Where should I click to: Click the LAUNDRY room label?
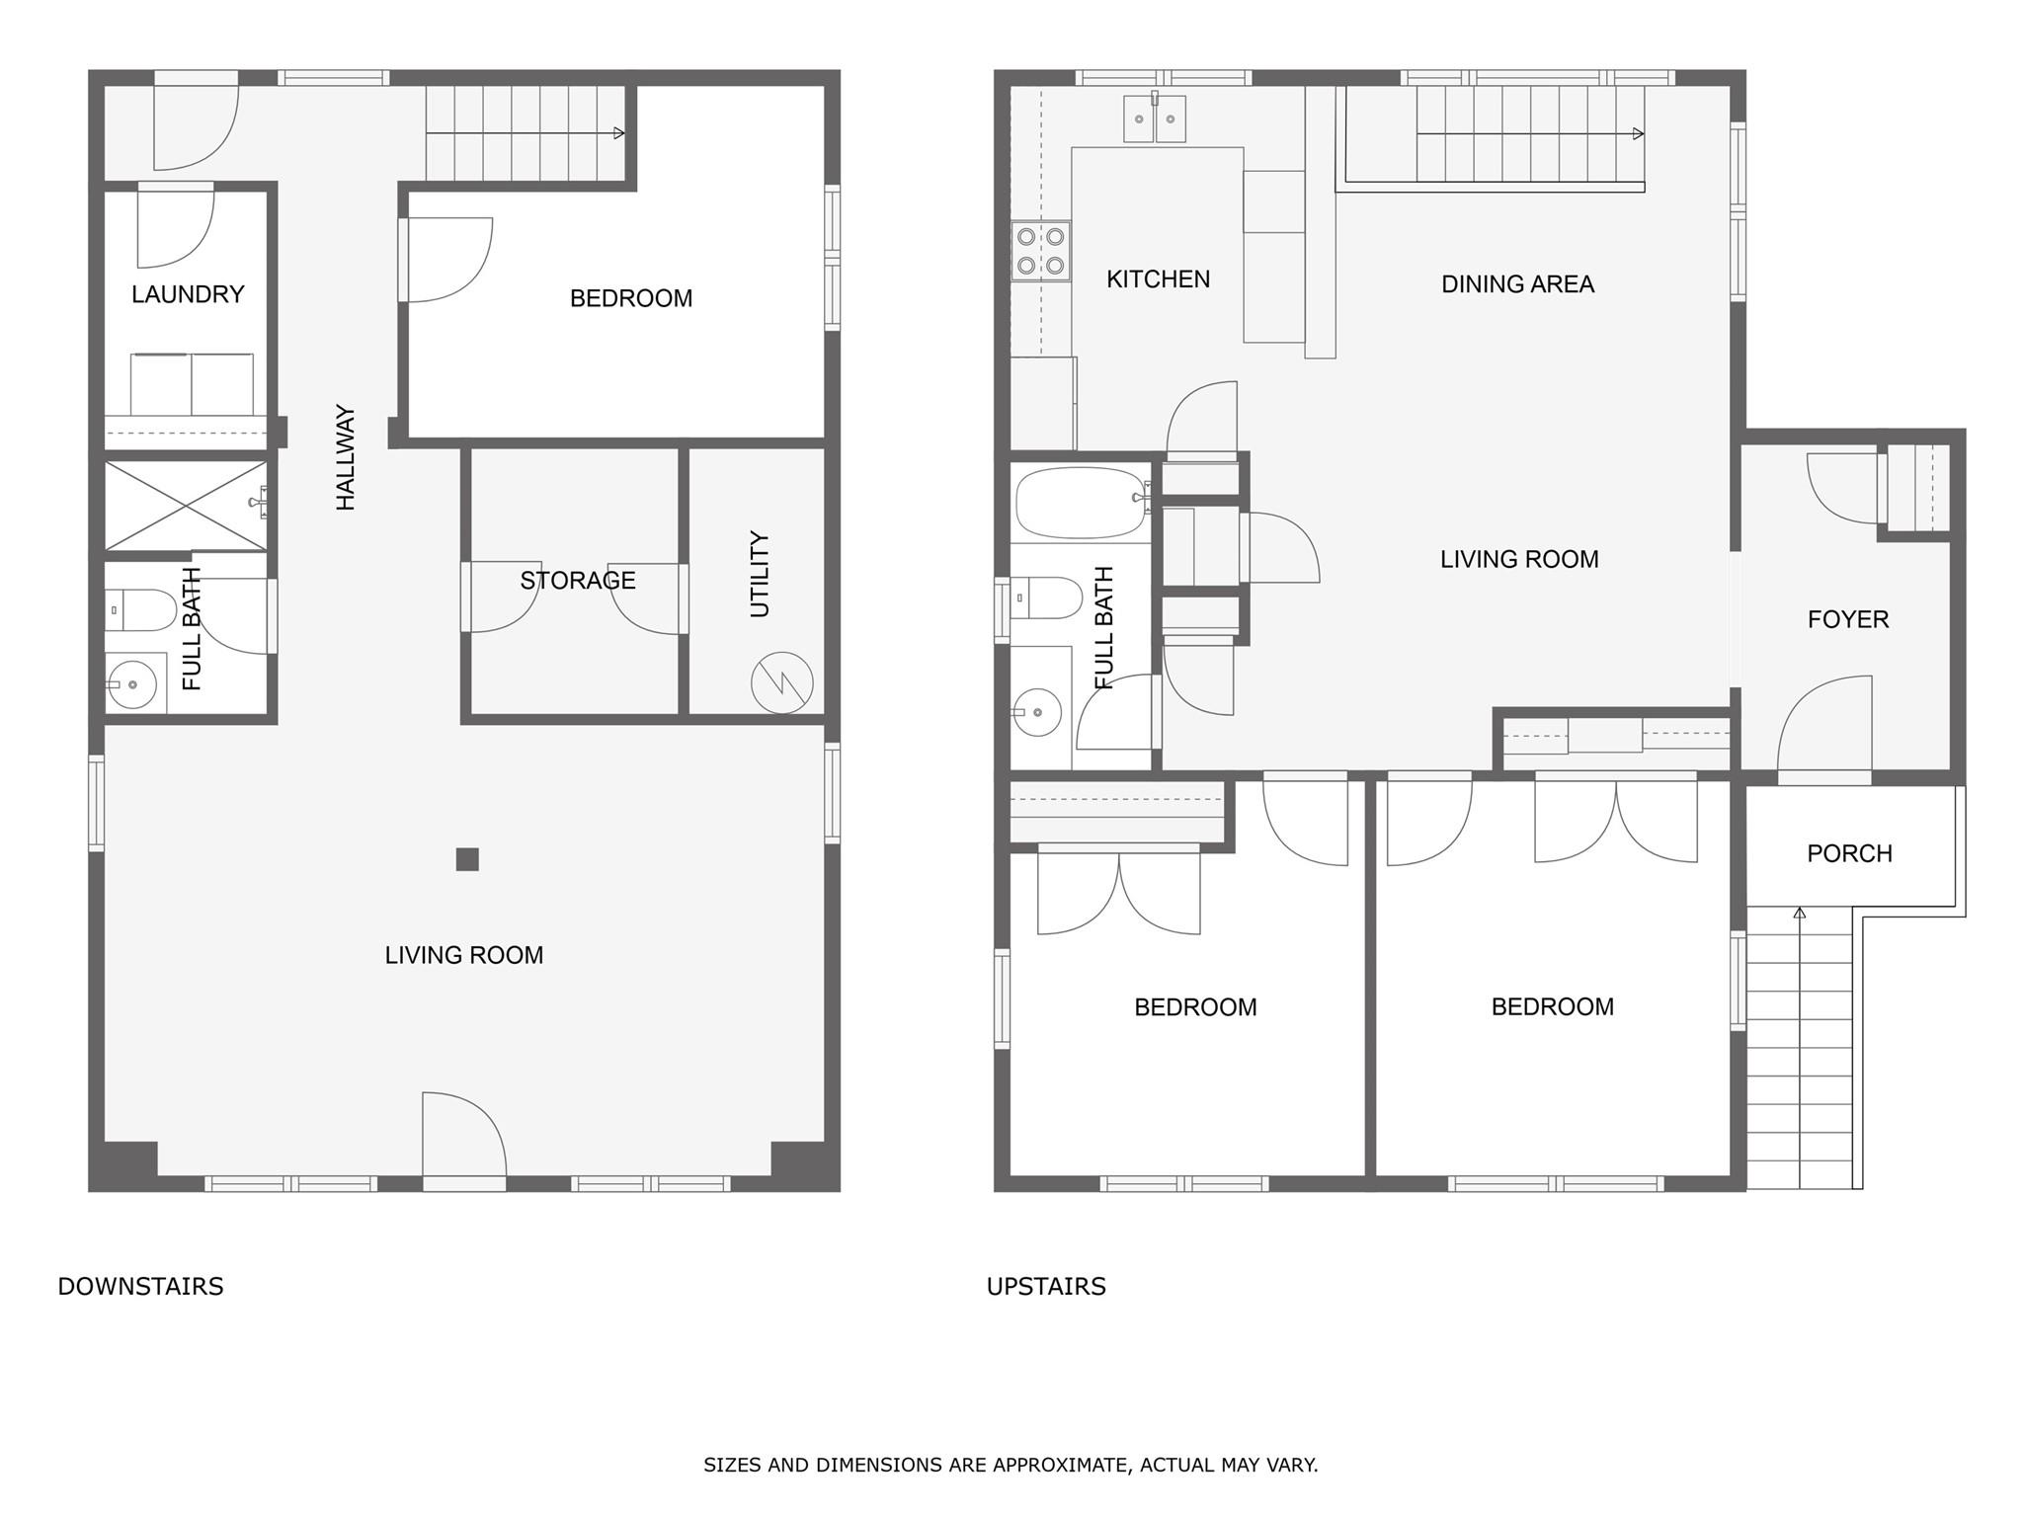click(x=188, y=294)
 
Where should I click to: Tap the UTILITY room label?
click(x=759, y=574)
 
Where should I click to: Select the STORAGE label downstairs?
click(x=578, y=580)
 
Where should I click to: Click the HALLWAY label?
click(x=345, y=456)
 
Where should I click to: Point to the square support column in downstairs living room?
click(x=467, y=859)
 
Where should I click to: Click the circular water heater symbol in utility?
click(x=781, y=682)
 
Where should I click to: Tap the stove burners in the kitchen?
click(x=1041, y=251)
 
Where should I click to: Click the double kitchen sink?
click(x=1155, y=119)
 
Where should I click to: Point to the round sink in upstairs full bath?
click(x=1037, y=711)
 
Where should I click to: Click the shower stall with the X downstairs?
click(x=186, y=506)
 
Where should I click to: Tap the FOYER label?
click(x=1847, y=619)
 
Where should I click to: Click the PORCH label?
click(x=1849, y=853)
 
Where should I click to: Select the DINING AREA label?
click(x=1517, y=284)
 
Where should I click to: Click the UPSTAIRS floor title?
click(x=1046, y=1286)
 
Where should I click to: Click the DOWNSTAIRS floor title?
click(x=140, y=1286)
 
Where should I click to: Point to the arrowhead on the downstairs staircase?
click(x=619, y=133)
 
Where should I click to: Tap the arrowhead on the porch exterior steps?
click(x=1799, y=913)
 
